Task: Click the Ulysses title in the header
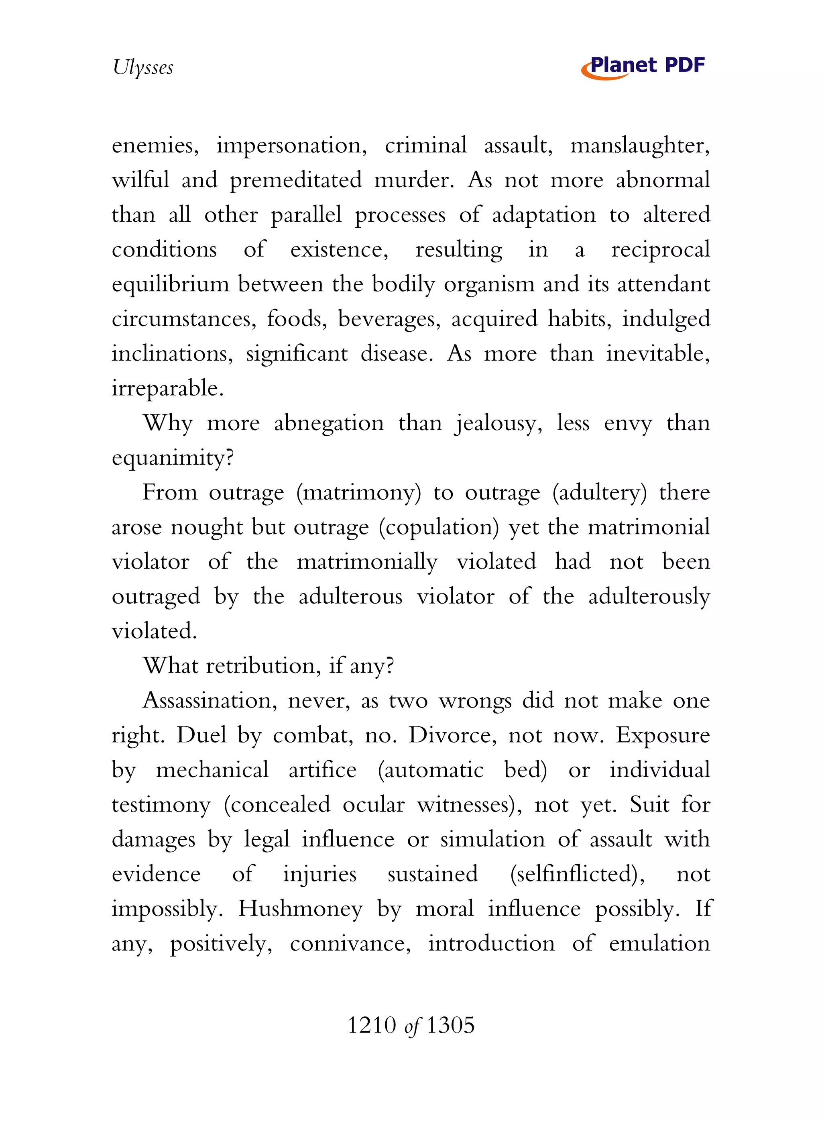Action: pyautogui.click(x=143, y=67)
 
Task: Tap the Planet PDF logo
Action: pyautogui.click(x=643, y=67)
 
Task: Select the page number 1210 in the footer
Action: pyautogui.click(x=371, y=1026)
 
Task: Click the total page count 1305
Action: pyautogui.click(x=450, y=1026)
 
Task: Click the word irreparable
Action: pyautogui.click(x=167, y=389)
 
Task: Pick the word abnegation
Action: pyautogui.click(x=328, y=423)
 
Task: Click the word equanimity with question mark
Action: pyautogui.click(x=172, y=458)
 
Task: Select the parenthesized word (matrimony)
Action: pyautogui.click(x=358, y=493)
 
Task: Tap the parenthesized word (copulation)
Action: pyautogui.click(x=438, y=528)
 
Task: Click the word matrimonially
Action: pyautogui.click(x=367, y=562)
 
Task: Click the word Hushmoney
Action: pyautogui.click(x=300, y=909)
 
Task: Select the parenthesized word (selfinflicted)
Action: pyautogui.click(x=577, y=874)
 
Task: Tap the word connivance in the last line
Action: pyautogui.click(x=350, y=944)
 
